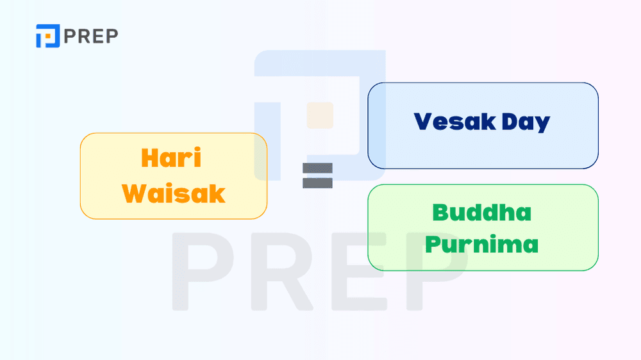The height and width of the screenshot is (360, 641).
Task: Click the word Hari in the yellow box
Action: click(x=171, y=159)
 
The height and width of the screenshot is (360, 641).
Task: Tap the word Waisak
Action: click(x=174, y=193)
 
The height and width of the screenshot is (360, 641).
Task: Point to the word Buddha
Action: click(x=482, y=212)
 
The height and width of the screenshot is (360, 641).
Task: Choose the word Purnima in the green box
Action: click(x=482, y=245)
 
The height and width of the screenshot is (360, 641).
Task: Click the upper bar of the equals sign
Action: click(x=317, y=168)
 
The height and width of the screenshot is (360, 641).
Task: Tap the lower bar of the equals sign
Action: click(x=317, y=183)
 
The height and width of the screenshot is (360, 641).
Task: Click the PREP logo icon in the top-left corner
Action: click(x=47, y=36)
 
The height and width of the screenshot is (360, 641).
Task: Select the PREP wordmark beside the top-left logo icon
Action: click(x=91, y=37)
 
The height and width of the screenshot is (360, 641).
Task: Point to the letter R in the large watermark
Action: click(x=282, y=272)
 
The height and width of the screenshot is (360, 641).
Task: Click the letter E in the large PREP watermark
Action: click(x=359, y=272)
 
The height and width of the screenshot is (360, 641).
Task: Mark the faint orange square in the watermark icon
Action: click(x=320, y=115)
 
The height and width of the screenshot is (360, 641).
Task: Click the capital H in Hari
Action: click(x=149, y=159)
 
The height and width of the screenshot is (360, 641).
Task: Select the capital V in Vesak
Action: click(x=423, y=122)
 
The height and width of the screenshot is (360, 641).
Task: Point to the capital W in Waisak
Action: click(x=136, y=193)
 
